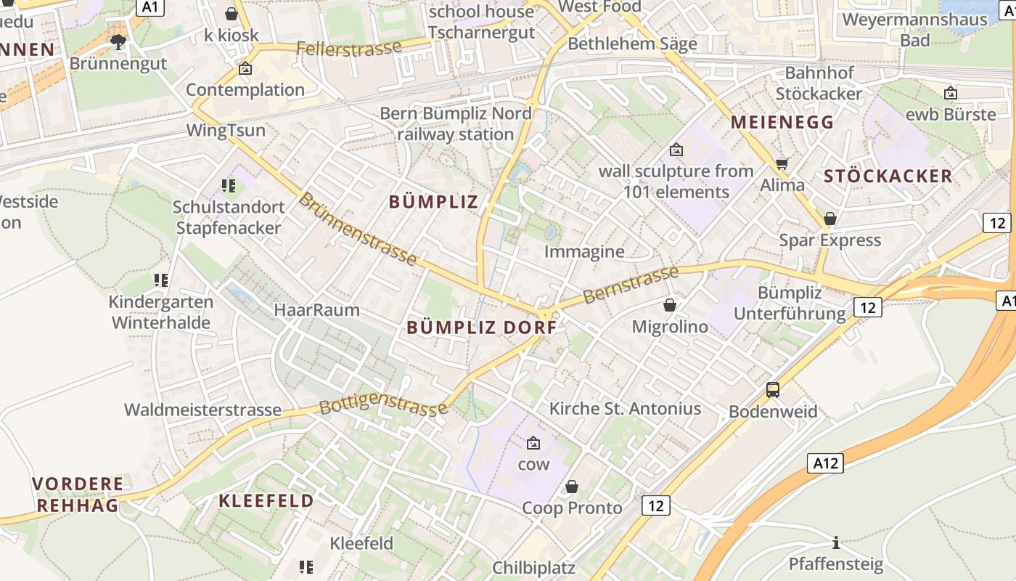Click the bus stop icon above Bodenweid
(x=773, y=390)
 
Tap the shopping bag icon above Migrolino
(x=670, y=305)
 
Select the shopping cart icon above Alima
(x=782, y=163)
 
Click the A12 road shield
(x=825, y=463)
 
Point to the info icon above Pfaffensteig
(x=836, y=543)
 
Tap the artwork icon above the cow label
(x=533, y=442)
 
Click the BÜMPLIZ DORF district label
(x=482, y=328)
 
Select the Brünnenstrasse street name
(x=358, y=229)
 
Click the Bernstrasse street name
(x=630, y=285)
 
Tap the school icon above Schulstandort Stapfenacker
(x=229, y=186)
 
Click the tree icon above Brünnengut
(x=118, y=42)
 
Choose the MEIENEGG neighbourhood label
(x=782, y=122)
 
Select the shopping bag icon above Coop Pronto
(x=572, y=486)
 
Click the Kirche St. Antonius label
(x=625, y=408)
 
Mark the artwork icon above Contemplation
(x=245, y=69)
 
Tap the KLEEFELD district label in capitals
(x=266, y=500)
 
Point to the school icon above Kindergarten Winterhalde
(x=161, y=280)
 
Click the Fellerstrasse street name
(x=349, y=49)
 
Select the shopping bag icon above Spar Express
(x=830, y=219)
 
